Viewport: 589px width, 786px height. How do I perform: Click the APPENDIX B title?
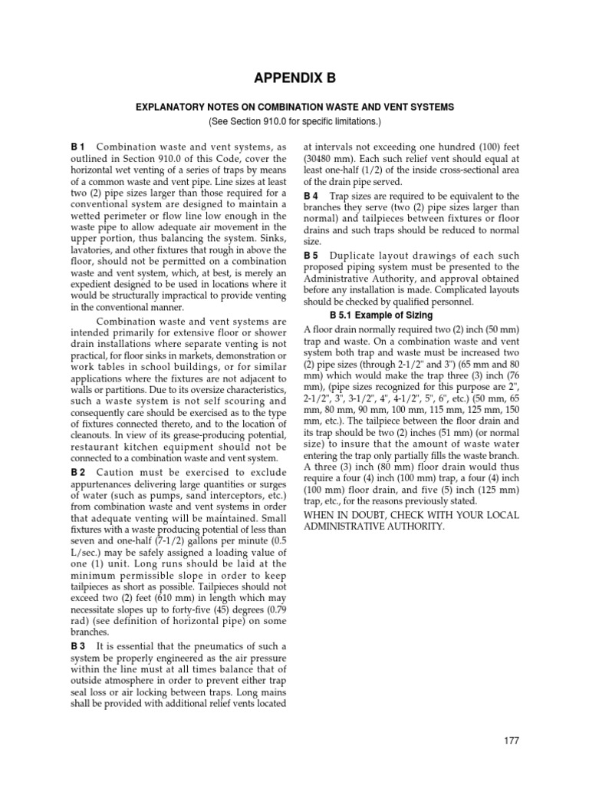[294, 78]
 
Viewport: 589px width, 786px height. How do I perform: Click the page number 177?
[512, 740]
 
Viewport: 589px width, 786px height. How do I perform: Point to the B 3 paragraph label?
[77, 645]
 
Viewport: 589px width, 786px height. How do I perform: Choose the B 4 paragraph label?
[311, 196]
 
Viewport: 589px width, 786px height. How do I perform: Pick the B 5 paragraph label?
[311, 255]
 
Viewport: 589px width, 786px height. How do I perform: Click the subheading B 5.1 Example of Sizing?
[380, 315]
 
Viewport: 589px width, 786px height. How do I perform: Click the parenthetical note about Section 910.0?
[294, 122]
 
